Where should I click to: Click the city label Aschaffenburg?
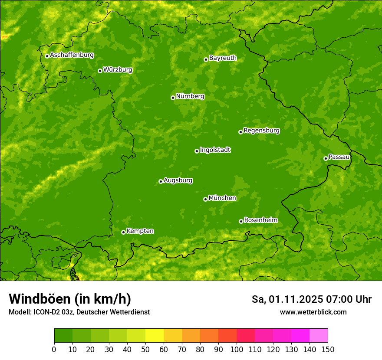(72, 55)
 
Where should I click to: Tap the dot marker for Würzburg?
(100, 71)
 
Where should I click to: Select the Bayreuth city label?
(223, 58)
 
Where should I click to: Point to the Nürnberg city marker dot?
(173, 98)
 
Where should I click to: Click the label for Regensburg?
(261, 131)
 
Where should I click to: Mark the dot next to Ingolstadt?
(197, 151)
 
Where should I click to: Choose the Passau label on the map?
(339, 157)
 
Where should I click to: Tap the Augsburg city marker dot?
(161, 181)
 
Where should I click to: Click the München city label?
(222, 198)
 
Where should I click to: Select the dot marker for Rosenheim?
(241, 221)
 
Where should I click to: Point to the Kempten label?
(140, 231)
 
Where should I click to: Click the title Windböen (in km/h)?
(70, 299)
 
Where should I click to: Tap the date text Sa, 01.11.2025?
(286, 299)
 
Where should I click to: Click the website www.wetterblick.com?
(313, 312)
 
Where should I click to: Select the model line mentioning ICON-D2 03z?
(79, 312)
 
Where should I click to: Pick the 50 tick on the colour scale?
(145, 349)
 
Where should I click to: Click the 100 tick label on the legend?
(237, 349)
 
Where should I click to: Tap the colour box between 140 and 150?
(319, 336)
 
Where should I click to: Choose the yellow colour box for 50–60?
(155, 336)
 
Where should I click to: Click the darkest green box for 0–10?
(63, 336)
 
